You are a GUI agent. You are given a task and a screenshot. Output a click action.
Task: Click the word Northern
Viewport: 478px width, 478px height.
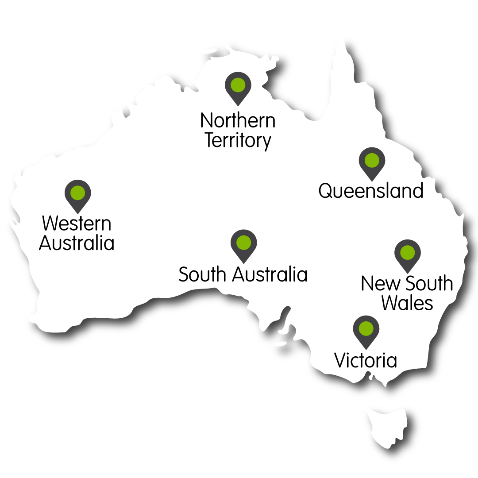coord(238,120)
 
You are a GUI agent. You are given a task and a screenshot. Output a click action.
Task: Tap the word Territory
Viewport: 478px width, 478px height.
coord(238,141)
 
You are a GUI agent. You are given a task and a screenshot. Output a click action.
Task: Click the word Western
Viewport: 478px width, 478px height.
coord(77,224)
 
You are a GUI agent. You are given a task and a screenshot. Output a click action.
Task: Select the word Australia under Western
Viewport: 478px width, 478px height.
coord(77,243)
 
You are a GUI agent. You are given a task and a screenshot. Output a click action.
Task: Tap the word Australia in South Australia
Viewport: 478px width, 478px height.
coord(270,275)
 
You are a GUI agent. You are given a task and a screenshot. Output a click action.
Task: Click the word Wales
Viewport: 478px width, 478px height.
coord(407,304)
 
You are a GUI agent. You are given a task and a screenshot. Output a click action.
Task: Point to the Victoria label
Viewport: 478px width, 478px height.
coord(366,360)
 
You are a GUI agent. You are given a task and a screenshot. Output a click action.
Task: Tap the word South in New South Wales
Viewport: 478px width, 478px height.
coord(429,284)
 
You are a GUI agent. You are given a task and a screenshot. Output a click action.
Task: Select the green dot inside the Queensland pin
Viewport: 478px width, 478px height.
coord(372,160)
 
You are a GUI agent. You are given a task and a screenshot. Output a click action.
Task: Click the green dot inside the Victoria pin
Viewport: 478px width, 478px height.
coord(366,328)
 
